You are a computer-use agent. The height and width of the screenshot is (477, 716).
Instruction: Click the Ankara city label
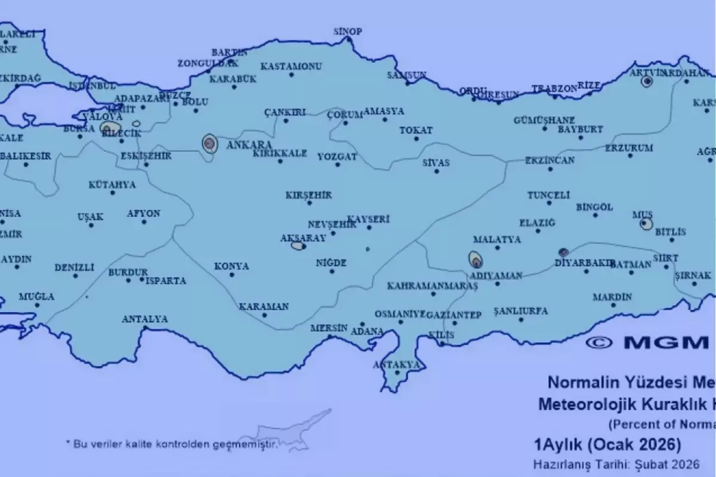[x=254, y=145]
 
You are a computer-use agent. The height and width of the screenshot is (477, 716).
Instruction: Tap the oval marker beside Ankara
[x=209, y=144]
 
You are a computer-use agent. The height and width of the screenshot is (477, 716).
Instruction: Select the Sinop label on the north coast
[x=347, y=32]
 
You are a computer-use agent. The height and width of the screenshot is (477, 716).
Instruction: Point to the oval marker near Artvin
[x=646, y=82]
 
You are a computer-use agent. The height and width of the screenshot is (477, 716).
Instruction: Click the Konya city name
[x=232, y=266]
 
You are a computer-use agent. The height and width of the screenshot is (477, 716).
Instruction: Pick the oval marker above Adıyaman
[x=476, y=260]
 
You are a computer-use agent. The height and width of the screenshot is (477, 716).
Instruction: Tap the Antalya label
[x=144, y=319]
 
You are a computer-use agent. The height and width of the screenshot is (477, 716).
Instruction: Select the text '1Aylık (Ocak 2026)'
[x=607, y=445]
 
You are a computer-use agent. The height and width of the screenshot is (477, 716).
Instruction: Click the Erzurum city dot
[x=630, y=156]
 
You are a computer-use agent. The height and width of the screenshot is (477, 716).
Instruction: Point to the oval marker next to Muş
[x=646, y=224]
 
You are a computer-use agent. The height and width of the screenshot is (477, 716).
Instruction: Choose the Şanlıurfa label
[x=521, y=311]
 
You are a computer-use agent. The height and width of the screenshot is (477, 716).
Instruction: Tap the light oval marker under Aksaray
[x=297, y=246]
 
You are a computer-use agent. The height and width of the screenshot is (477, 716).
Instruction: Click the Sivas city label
[x=436, y=162]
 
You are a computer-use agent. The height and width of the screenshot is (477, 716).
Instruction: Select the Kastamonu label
[x=292, y=66]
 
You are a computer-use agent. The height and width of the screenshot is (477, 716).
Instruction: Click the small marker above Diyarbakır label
[x=563, y=252]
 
